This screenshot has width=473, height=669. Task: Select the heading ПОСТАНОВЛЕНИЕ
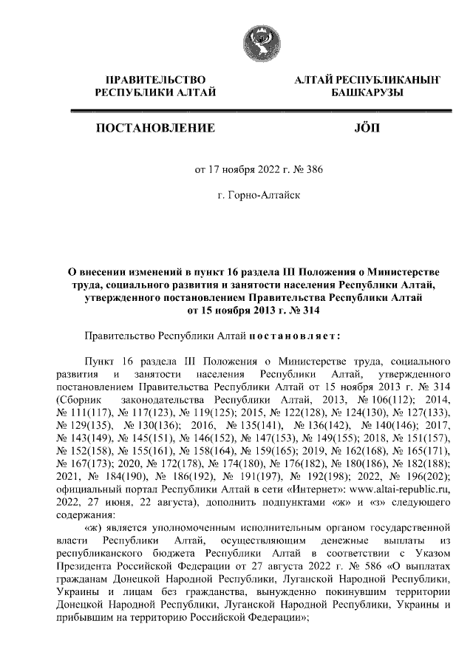[155, 129]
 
